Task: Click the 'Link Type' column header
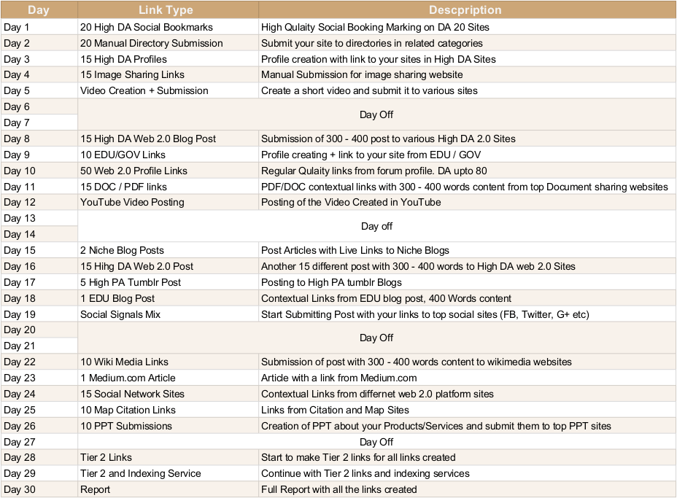pyautogui.click(x=167, y=10)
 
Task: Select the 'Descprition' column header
pyautogui.click(x=465, y=10)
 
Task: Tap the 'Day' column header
pyautogui.click(x=38, y=10)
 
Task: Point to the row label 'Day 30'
pyautogui.click(x=20, y=489)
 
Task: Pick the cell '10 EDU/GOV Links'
pyautogui.click(x=123, y=155)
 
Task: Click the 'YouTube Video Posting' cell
pyautogui.click(x=132, y=202)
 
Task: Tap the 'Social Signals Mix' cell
pyautogui.click(x=120, y=314)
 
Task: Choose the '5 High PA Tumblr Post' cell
pyautogui.click(x=131, y=282)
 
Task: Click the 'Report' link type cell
pyautogui.click(x=96, y=489)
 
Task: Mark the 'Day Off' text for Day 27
pyautogui.click(x=376, y=442)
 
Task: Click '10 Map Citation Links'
pyautogui.click(x=128, y=410)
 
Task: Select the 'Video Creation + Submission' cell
pyautogui.click(x=144, y=90)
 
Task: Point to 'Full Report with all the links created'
pyautogui.click(x=339, y=489)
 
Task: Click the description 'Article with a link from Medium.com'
pyautogui.click(x=339, y=378)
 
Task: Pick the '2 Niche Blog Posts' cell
pyautogui.click(x=122, y=250)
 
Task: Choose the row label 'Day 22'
pyautogui.click(x=20, y=362)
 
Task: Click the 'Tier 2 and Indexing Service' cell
pyautogui.click(x=141, y=473)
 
